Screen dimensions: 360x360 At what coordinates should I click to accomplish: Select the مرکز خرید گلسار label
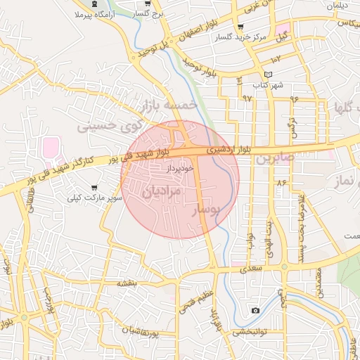[x=252, y=37]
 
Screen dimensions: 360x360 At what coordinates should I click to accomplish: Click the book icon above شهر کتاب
[x=267, y=75]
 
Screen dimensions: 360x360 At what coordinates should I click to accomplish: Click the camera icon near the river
[x=255, y=310]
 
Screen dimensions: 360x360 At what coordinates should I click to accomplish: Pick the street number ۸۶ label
[x=283, y=183]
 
